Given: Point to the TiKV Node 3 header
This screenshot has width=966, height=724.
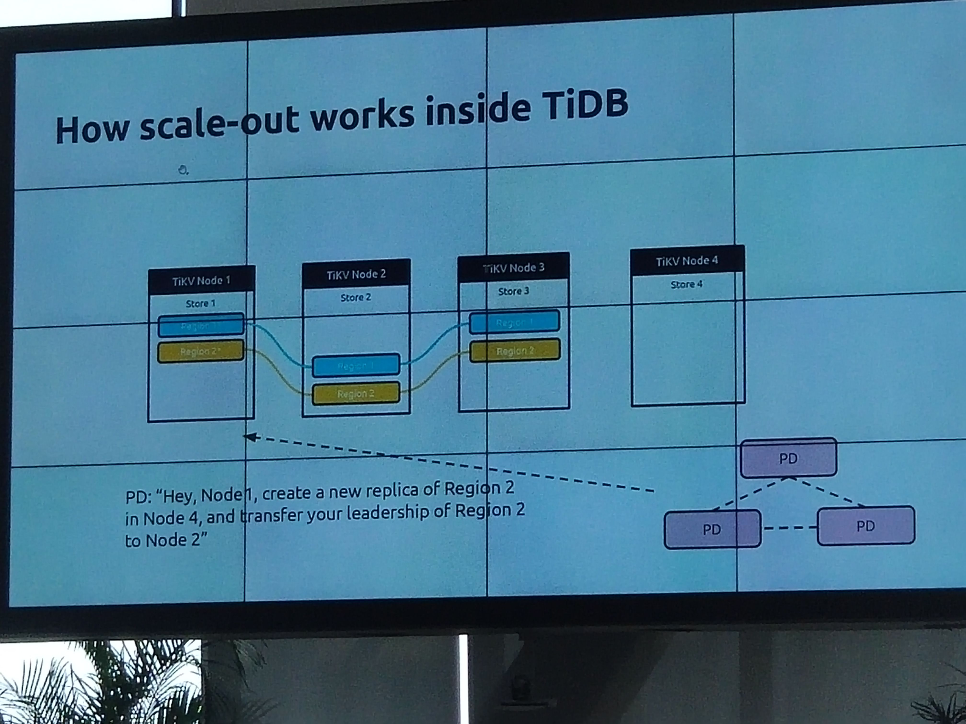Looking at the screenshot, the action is tap(514, 267).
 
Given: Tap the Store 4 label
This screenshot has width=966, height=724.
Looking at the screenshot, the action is tap(686, 284).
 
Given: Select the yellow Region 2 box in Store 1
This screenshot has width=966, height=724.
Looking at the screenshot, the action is tap(201, 351).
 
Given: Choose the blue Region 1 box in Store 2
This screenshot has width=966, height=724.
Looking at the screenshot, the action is tap(356, 366).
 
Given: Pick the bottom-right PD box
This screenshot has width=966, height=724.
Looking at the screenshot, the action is tap(866, 526).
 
